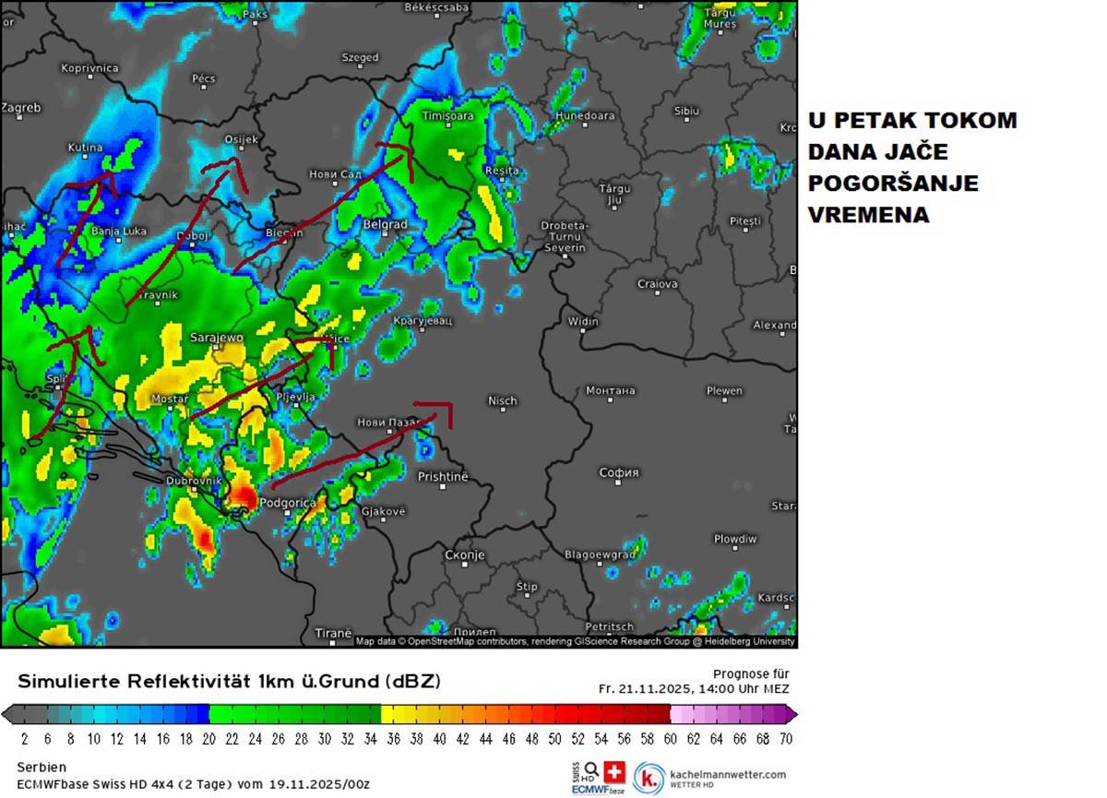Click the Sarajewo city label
pyautogui.click(x=216, y=338)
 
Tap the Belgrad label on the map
pyautogui.click(x=385, y=224)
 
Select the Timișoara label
pyautogui.click(x=447, y=116)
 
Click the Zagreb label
pyautogui.click(x=21, y=108)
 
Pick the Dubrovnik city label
pyautogui.click(x=194, y=481)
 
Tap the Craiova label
pyautogui.click(x=657, y=284)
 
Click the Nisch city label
pyautogui.click(x=502, y=400)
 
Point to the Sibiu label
pyautogui.click(x=686, y=111)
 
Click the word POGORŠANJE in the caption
pyautogui.click(x=893, y=184)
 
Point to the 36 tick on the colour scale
pyautogui.click(x=391, y=738)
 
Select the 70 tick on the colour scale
pyautogui.click(x=785, y=738)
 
